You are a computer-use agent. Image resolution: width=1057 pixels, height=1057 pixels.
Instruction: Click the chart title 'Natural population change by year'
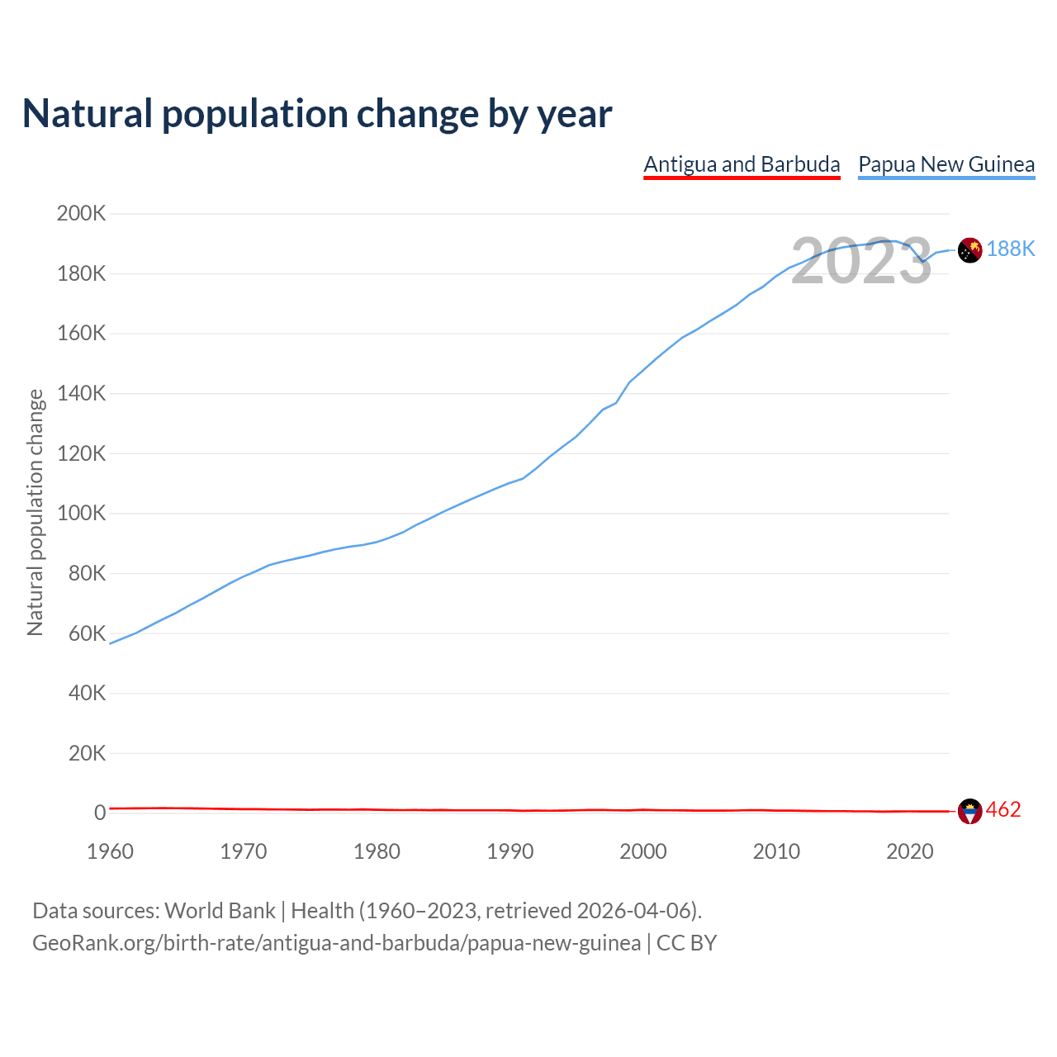pyautogui.click(x=317, y=114)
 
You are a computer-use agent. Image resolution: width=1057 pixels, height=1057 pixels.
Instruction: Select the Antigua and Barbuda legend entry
pyautogui.click(x=742, y=164)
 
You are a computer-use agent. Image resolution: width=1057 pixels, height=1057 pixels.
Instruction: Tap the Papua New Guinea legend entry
pyautogui.click(x=946, y=164)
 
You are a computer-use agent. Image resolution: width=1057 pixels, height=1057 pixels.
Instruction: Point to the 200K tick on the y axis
pyautogui.click(x=82, y=214)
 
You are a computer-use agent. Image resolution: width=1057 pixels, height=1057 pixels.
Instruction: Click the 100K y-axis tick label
pyautogui.click(x=82, y=514)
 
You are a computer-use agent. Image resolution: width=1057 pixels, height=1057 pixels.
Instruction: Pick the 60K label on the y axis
pyautogui.click(x=87, y=633)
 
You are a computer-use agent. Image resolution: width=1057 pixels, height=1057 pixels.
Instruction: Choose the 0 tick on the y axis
pyautogui.click(x=100, y=813)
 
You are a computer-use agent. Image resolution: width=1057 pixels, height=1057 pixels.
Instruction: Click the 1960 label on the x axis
pyautogui.click(x=110, y=851)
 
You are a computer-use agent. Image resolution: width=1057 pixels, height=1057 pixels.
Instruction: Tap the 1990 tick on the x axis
pyautogui.click(x=510, y=851)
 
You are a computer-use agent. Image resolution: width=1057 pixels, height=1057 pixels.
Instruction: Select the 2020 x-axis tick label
pyautogui.click(x=909, y=851)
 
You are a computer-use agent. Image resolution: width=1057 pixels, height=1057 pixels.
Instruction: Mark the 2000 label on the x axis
pyautogui.click(x=642, y=851)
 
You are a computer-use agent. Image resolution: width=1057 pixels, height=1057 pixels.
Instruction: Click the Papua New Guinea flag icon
pyautogui.click(x=969, y=249)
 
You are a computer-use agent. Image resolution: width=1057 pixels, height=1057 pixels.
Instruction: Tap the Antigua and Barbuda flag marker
pyautogui.click(x=969, y=812)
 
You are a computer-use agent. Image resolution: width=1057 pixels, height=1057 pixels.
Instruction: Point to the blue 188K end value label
pyautogui.click(x=1010, y=249)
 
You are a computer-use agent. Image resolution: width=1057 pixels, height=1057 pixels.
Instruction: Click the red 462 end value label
pyautogui.click(x=1003, y=810)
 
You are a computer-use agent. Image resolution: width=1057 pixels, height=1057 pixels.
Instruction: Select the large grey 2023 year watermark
pyautogui.click(x=861, y=262)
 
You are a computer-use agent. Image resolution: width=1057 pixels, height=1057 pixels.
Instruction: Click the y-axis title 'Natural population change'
pyautogui.click(x=36, y=513)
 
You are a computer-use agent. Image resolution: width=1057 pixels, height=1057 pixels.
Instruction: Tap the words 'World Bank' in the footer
pyautogui.click(x=220, y=911)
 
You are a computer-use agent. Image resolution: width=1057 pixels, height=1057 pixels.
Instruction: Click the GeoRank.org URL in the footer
pyautogui.click(x=336, y=943)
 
